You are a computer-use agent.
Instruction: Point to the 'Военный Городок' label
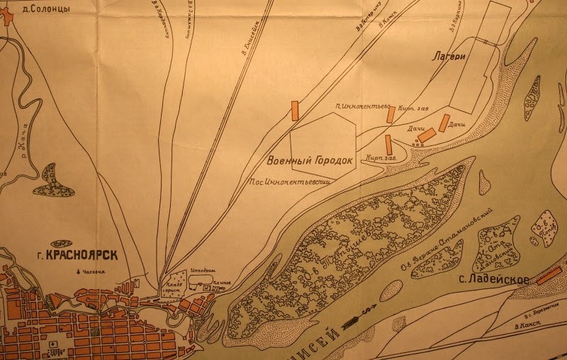[310, 160]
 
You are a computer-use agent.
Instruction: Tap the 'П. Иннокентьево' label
[364, 106]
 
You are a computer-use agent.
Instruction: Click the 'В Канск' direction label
[527, 324]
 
